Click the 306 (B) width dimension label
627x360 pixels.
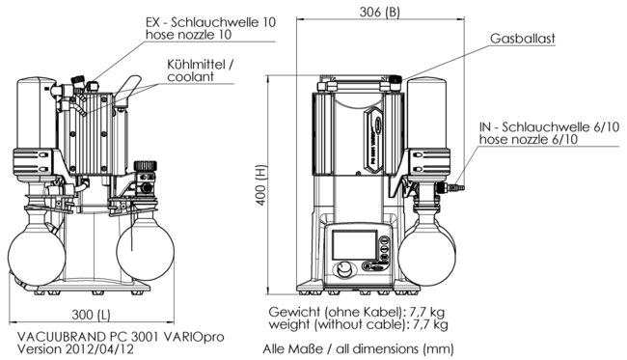coord(379,12)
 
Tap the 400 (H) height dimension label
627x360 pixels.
coord(261,184)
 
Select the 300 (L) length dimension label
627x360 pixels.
coord(91,315)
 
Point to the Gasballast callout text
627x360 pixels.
coord(522,39)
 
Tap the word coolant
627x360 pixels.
coord(190,77)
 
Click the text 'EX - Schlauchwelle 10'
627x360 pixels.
coord(210,22)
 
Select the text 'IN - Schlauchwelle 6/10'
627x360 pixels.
coord(549,126)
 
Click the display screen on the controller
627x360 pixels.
coord(354,244)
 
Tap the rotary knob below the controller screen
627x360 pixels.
coord(344,269)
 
